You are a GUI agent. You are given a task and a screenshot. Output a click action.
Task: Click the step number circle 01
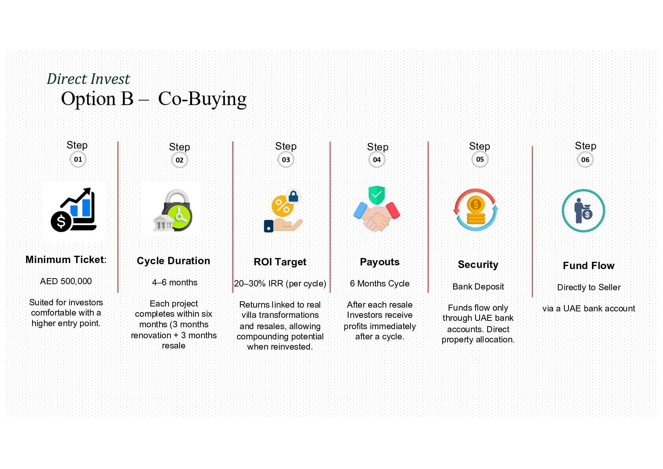pos(78,159)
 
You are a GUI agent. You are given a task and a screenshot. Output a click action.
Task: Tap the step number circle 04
pos(377,160)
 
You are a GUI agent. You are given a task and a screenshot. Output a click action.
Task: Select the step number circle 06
pos(585,160)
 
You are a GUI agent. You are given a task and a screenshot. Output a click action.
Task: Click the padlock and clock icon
pos(173,211)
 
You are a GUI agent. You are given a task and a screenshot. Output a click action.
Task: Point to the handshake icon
pos(376,217)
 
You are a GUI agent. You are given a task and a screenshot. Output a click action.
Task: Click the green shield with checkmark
pos(376,195)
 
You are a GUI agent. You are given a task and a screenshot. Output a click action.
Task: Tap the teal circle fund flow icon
pos(583,211)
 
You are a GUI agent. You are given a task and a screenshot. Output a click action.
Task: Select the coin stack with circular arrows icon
pos(476,210)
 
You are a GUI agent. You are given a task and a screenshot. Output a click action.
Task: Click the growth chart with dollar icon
pos(74,210)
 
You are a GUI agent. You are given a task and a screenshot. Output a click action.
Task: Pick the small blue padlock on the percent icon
pos(293,196)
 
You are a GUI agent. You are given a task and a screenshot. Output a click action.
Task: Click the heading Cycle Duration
pos(173,261)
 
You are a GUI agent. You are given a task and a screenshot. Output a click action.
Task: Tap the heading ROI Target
pos(280,262)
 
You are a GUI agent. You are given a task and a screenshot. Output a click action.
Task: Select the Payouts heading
pos(380,262)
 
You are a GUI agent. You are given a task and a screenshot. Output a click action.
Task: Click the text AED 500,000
pos(66,281)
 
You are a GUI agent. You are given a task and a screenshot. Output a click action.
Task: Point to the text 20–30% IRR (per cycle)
pos(280,283)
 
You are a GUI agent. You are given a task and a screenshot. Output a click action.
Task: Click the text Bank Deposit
pos(478,286)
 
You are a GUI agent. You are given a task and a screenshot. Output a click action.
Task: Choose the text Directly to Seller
pos(589,287)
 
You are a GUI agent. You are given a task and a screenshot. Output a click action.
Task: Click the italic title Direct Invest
pos(88,79)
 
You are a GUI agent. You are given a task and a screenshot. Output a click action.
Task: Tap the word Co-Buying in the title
pos(202,99)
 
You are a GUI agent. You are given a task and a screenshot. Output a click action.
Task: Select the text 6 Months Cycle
pos(380,283)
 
